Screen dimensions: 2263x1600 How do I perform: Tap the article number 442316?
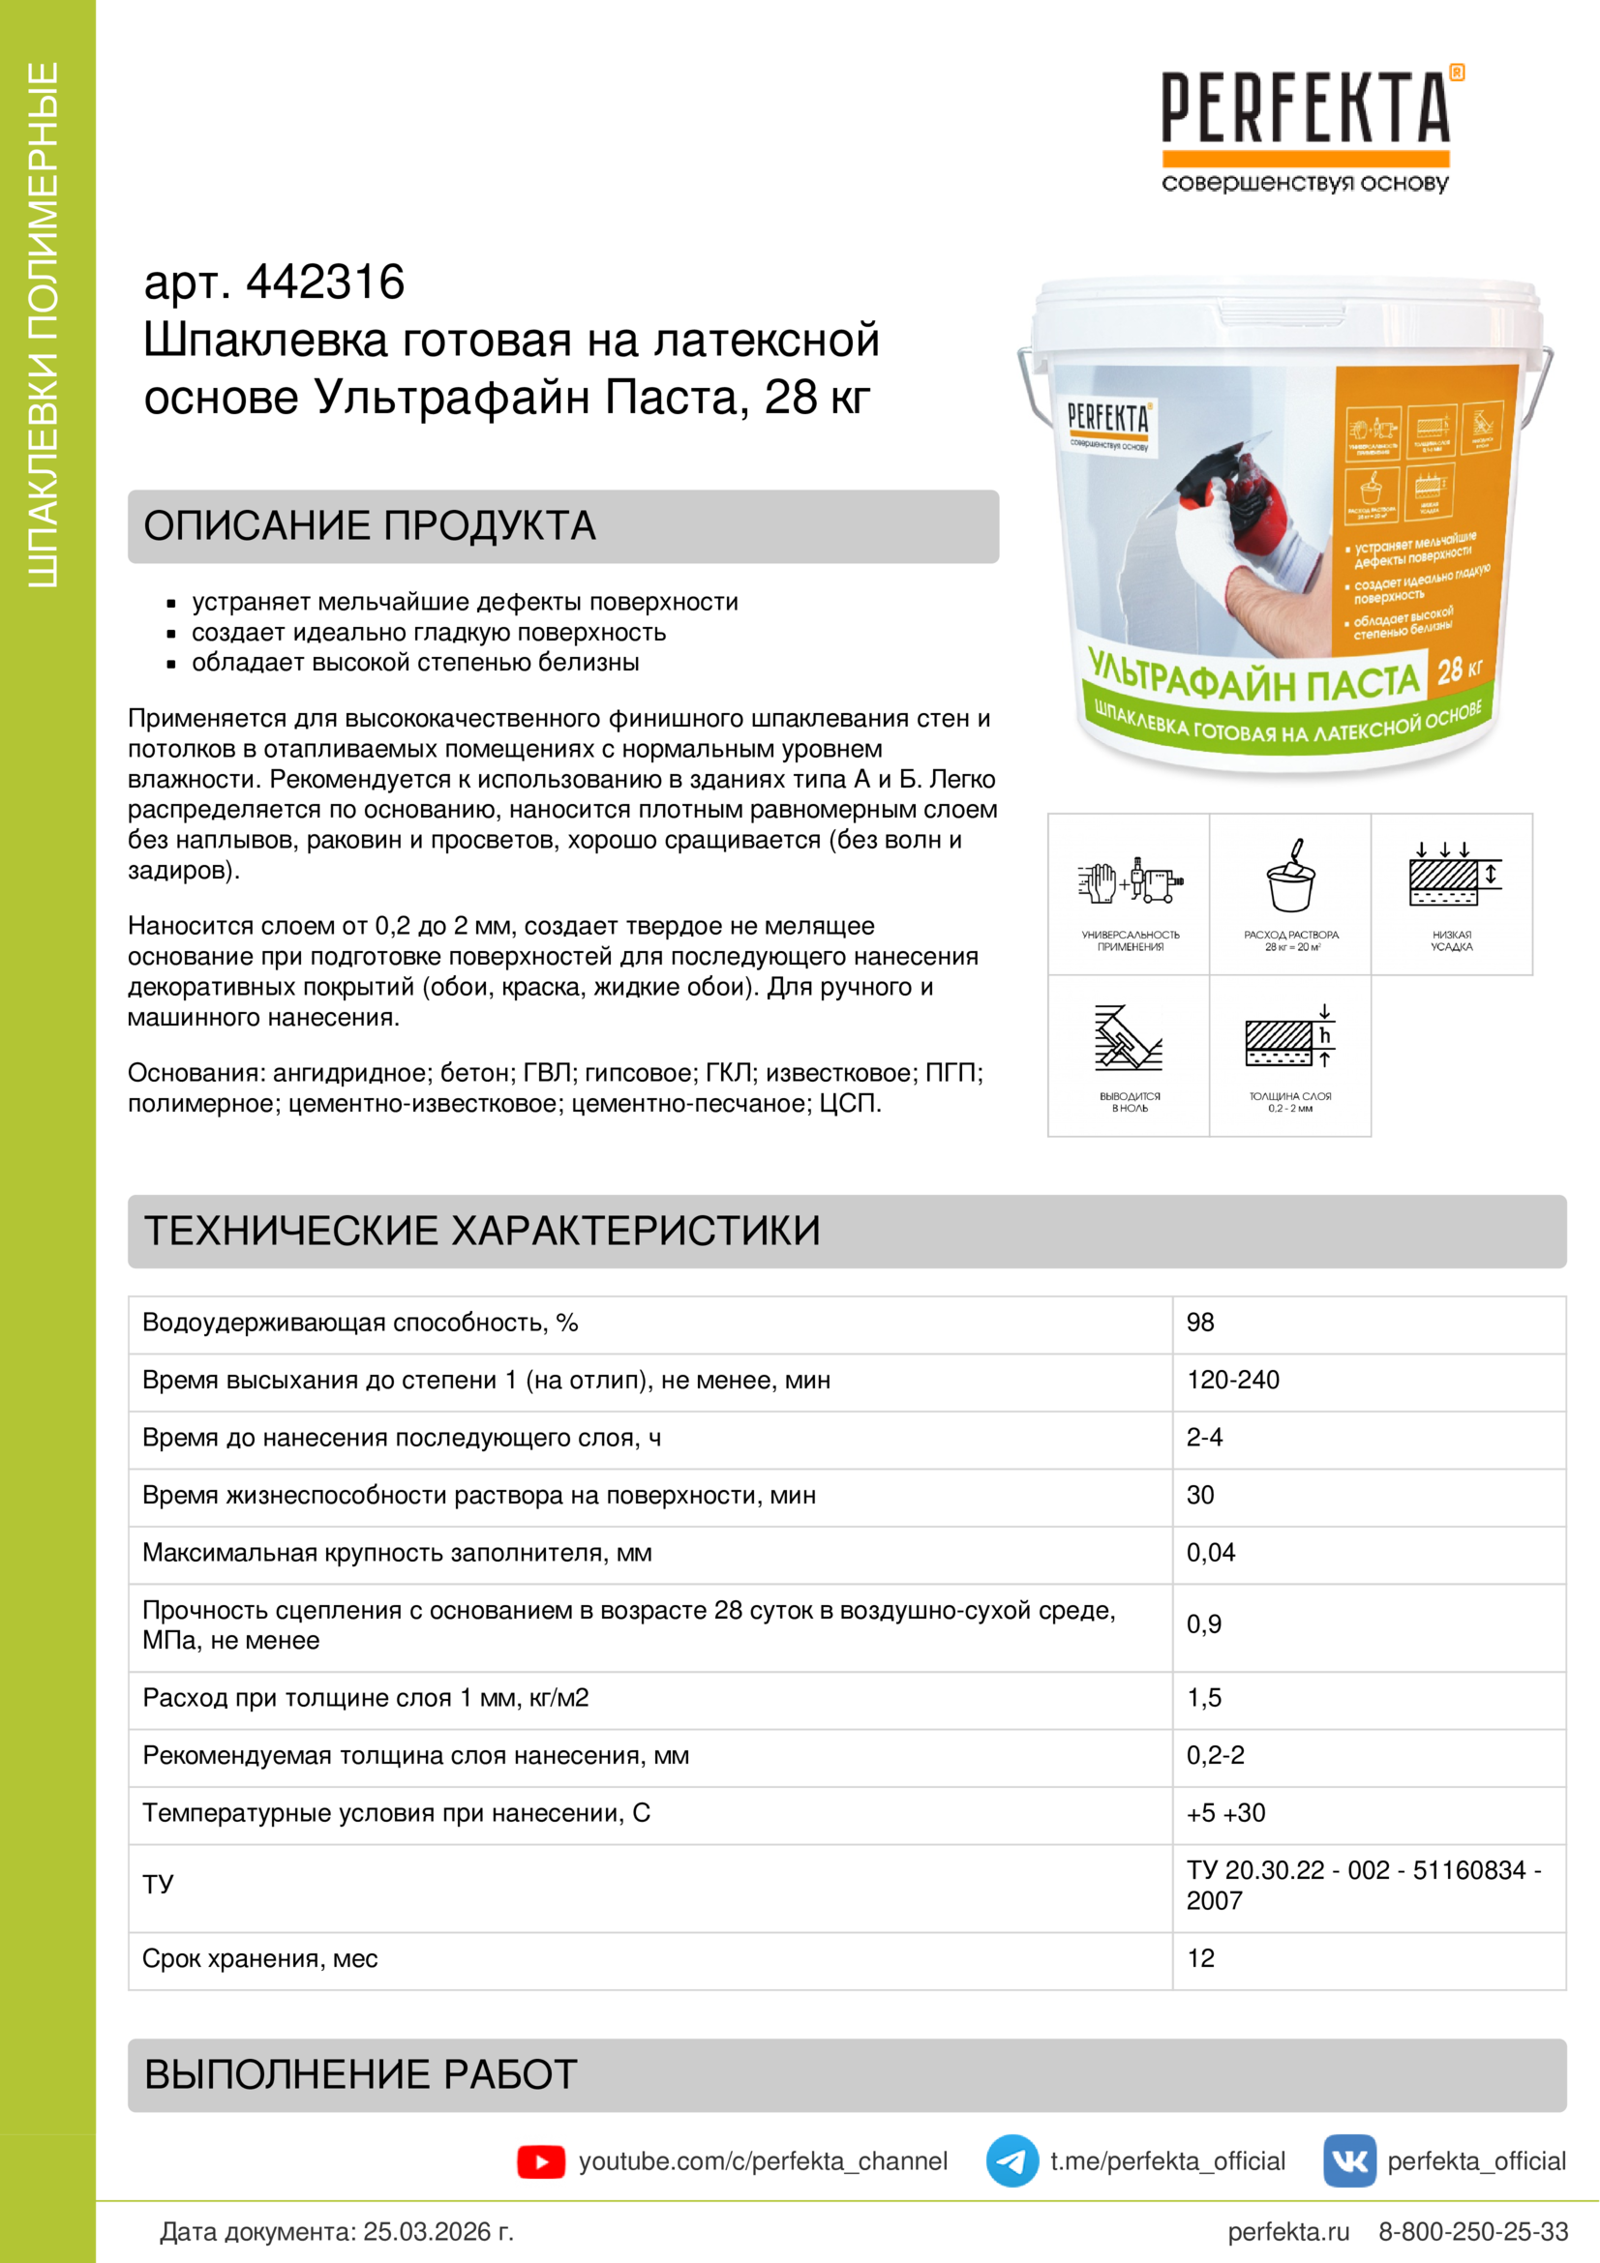[324, 283]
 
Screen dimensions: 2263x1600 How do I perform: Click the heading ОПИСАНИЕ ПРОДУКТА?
[370, 526]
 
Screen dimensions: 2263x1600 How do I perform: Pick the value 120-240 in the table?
[1232, 1380]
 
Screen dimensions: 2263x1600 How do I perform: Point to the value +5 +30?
[1225, 1812]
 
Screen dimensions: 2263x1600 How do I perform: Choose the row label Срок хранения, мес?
[260, 1958]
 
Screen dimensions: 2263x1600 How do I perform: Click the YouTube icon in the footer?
[540, 2161]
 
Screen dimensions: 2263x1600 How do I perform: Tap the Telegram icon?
[1011, 2160]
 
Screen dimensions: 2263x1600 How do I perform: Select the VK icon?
[1348, 2160]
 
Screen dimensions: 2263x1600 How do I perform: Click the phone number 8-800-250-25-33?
[1473, 2231]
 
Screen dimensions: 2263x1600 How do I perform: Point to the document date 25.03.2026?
[438, 2231]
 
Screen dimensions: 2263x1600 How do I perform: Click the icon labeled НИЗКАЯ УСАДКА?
[1451, 877]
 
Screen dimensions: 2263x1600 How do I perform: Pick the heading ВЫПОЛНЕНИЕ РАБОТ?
[361, 2074]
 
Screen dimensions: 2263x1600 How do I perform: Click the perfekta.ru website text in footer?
[1288, 2231]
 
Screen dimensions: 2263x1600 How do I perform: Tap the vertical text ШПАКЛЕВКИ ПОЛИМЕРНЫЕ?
[44, 325]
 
